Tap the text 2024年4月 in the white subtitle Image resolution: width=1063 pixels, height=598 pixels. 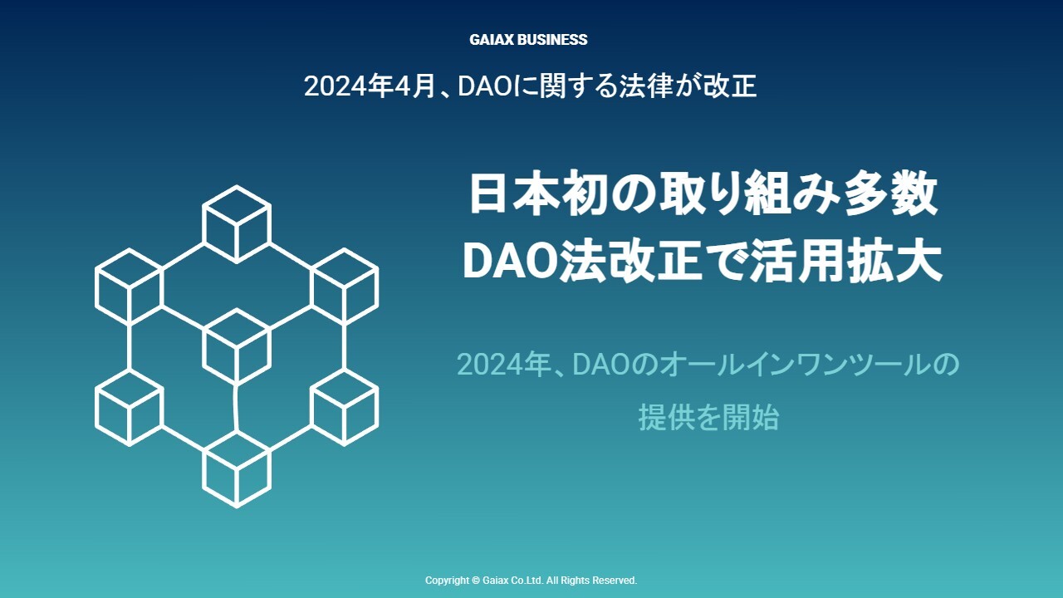370,86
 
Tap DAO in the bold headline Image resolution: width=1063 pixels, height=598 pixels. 510,262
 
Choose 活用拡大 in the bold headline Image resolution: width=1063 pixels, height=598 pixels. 845,262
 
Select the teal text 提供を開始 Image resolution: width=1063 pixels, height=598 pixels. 708,417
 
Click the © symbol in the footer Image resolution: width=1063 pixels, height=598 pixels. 476,581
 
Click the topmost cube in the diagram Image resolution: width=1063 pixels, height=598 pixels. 237,224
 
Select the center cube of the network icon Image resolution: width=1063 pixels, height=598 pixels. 237,346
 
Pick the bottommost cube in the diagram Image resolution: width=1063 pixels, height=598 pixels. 237,469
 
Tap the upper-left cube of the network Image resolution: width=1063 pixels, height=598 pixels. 129,287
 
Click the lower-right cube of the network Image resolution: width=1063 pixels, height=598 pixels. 345,408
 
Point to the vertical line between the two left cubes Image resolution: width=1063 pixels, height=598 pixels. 129,348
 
